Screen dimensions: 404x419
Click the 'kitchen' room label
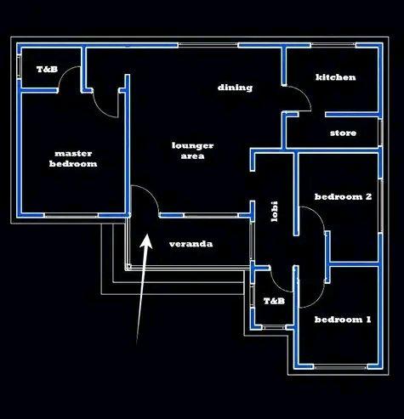336,77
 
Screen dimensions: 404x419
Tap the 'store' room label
343,133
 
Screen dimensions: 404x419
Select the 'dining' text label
235,88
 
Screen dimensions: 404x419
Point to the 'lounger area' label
192,150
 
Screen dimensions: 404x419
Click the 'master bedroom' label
73,159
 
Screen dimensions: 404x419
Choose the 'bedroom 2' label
343,196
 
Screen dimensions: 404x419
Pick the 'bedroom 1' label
343,320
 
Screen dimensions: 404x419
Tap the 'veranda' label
191,244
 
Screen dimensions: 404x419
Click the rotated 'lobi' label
274,212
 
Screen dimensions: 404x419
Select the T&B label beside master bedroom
48,69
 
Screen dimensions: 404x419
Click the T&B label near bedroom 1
274,301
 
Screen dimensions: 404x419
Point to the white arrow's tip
147,235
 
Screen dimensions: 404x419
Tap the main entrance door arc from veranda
151,194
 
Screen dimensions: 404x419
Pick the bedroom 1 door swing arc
316,300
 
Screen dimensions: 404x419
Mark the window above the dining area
208,45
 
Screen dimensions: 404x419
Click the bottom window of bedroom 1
340,367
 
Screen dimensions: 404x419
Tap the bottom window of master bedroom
71,215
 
